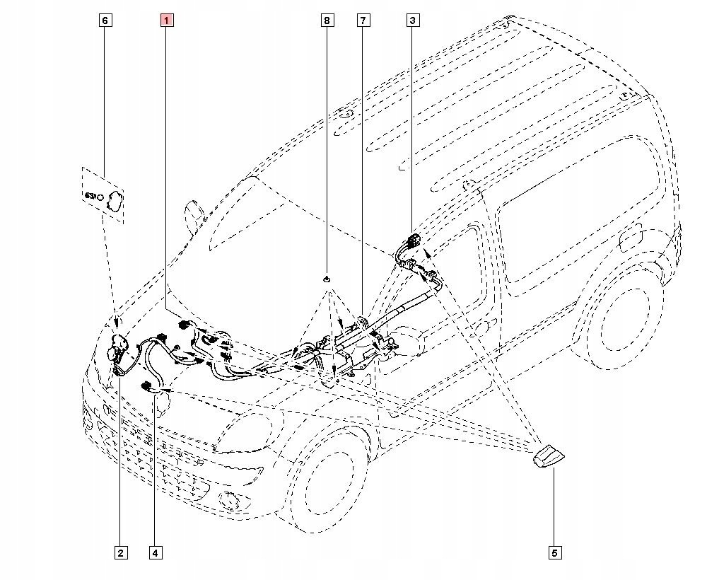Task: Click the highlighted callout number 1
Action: (x=166, y=21)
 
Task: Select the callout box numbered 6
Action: (x=105, y=21)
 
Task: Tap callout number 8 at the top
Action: (x=327, y=21)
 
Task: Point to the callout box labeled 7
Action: (x=363, y=21)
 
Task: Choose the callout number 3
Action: (x=413, y=21)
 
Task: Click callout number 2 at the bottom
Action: (x=121, y=552)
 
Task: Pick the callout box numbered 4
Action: (x=155, y=552)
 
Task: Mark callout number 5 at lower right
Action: (x=555, y=552)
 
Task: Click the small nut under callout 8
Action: (x=327, y=279)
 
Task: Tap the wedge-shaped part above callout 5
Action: (x=548, y=456)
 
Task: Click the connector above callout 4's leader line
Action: (x=149, y=386)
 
